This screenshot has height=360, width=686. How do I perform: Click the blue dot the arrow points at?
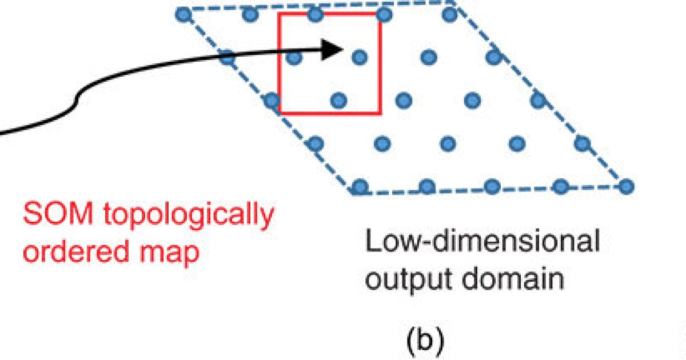pyautogui.click(x=359, y=56)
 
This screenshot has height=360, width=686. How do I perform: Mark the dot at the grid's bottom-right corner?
pyautogui.click(x=627, y=186)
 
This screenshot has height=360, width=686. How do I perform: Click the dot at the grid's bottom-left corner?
pyautogui.click(x=359, y=186)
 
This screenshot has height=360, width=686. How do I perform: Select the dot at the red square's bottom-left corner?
pyautogui.click(x=272, y=102)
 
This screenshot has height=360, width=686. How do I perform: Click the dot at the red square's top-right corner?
pyautogui.click(x=384, y=14)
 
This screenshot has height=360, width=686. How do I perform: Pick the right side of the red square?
pyautogui.click(x=380, y=63)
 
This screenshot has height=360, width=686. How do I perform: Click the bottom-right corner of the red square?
pyautogui.click(x=380, y=113)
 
